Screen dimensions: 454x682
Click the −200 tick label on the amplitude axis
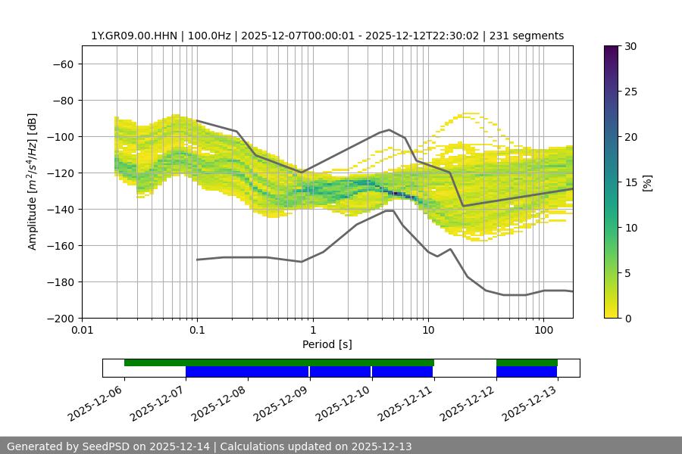62,318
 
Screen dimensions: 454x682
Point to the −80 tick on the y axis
62,100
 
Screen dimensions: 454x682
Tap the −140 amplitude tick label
62,209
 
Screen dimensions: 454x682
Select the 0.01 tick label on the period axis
82,331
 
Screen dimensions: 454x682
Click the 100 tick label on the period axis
543,331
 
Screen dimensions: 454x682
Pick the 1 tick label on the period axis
312,331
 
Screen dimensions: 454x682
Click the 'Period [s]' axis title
327,344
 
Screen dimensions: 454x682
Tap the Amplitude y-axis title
33,182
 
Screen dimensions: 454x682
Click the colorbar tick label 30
630,46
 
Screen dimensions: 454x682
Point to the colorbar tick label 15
630,182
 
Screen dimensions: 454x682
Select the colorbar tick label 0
627,318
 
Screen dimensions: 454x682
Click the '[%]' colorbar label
647,182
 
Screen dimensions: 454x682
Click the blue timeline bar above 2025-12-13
527,372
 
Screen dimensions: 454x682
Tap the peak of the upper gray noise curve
389,129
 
